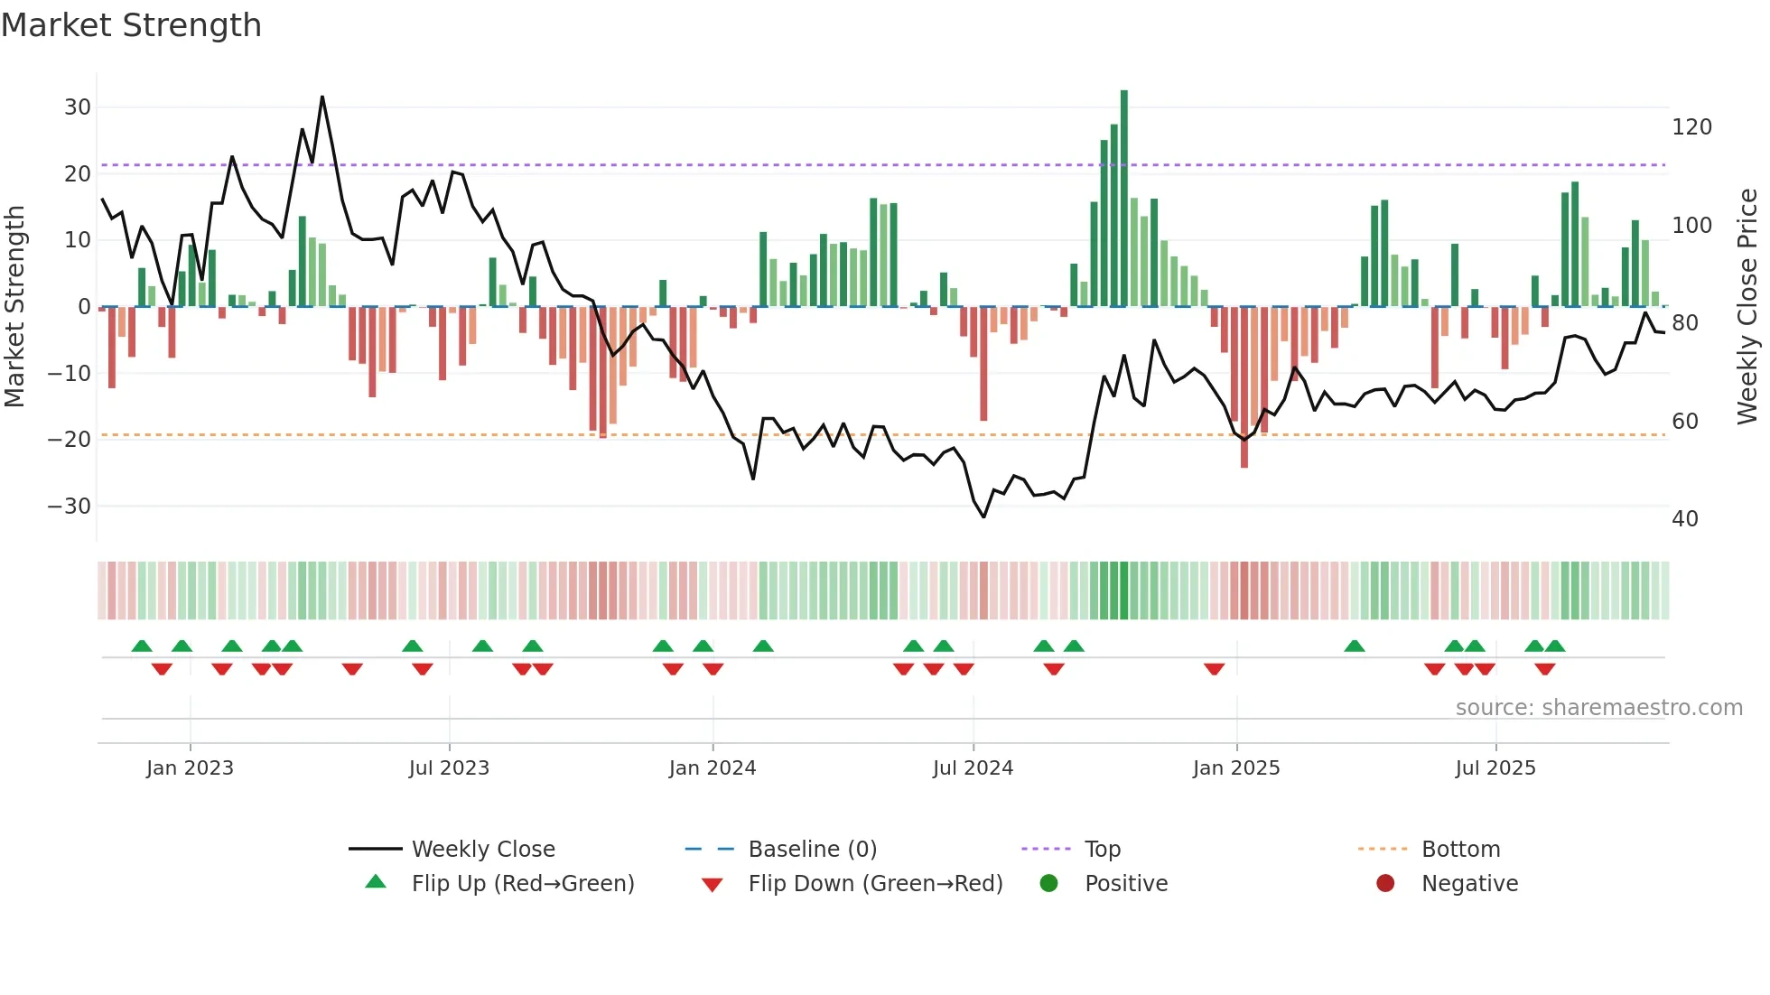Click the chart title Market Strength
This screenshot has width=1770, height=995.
tap(131, 25)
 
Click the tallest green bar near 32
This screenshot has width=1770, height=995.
tap(1123, 199)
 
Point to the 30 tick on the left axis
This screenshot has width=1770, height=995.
tap(78, 107)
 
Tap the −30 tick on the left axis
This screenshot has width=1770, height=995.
tap(70, 507)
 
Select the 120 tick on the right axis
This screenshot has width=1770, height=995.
tap(1691, 127)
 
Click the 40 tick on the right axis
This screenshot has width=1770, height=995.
tap(1685, 519)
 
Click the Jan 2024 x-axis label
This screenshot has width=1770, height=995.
tap(712, 768)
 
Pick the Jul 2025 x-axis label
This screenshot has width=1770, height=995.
tap(1495, 768)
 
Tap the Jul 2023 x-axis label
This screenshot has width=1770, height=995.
tap(449, 768)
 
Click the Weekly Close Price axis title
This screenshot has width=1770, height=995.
tap(1747, 307)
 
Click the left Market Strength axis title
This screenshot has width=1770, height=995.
tap(15, 307)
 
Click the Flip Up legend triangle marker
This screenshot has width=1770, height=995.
tap(376, 882)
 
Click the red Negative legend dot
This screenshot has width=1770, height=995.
tap(1385, 884)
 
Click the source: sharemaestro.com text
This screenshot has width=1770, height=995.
tap(1598, 708)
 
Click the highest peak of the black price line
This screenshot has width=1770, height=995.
tap(322, 98)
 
